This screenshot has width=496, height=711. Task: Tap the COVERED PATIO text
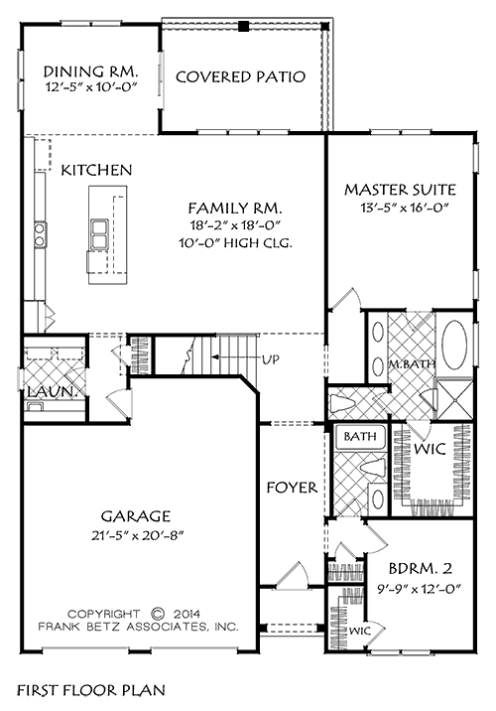[x=239, y=75]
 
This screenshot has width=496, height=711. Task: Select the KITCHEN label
[x=96, y=171]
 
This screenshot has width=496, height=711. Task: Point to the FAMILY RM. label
[x=235, y=209]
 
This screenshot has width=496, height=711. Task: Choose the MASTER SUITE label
[x=400, y=189]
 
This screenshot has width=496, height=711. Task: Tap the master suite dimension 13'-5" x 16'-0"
[x=399, y=208]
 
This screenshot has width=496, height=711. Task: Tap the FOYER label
[x=292, y=488]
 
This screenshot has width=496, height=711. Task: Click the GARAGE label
[x=137, y=515]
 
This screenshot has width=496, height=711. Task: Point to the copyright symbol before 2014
[x=159, y=613]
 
